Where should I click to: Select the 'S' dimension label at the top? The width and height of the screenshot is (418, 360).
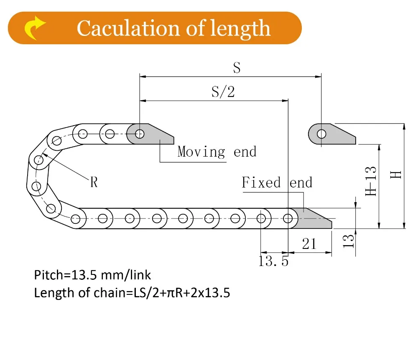(237, 68)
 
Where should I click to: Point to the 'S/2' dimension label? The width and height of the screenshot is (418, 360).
(223, 91)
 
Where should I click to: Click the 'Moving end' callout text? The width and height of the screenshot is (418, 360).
(217, 152)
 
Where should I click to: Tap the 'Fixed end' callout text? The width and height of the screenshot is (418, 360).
(277, 183)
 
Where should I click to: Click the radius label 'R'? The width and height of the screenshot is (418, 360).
(94, 182)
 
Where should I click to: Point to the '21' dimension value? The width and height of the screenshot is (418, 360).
(309, 243)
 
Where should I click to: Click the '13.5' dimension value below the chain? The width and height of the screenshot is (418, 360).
(273, 261)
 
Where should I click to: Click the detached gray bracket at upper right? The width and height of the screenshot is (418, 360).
(334, 134)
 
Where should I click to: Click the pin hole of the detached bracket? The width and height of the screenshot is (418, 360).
(321, 134)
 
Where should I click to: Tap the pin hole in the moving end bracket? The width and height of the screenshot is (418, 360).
(140, 134)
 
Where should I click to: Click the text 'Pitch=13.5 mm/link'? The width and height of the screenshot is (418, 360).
(92, 275)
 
